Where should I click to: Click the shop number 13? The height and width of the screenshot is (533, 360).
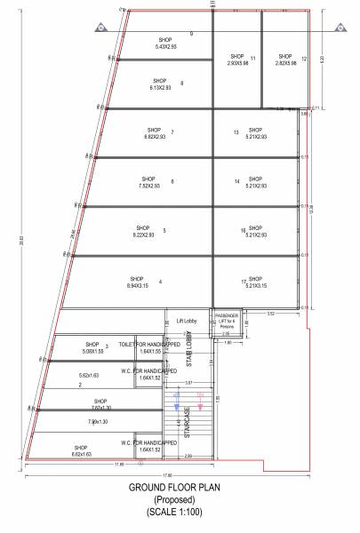tap(236, 132)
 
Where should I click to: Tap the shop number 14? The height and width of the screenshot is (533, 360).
tap(237, 181)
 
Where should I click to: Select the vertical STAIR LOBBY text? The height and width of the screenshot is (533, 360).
tap(188, 354)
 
